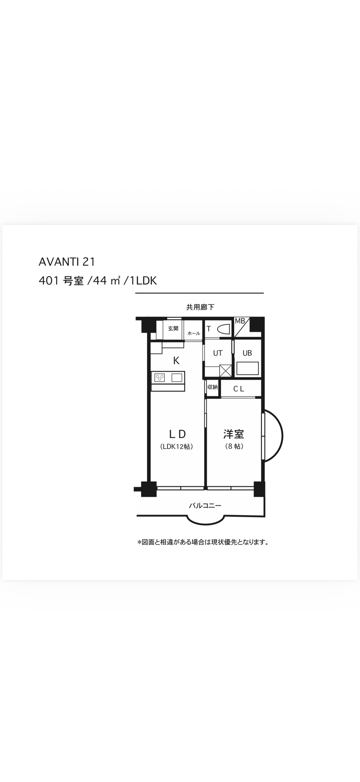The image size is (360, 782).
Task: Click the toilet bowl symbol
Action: click(x=223, y=329)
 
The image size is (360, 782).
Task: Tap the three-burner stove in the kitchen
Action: click(x=160, y=378)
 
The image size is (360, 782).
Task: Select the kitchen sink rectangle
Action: click(x=177, y=378)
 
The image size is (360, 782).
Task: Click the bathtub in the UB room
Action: click(x=248, y=368)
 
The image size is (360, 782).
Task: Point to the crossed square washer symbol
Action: click(x=226, y=371)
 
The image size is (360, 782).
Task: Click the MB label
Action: click(x=240, y=321)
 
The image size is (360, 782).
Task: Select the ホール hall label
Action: click(x=194, y=333)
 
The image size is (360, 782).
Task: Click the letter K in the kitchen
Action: click(x=176, y=360)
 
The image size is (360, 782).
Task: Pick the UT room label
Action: click(x=218, y=353)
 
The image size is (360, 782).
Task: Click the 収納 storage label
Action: click(x=212, y=387)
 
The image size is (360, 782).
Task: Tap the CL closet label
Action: click(x=239, y=389)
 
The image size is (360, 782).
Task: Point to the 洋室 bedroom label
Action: click(x=234, y=434)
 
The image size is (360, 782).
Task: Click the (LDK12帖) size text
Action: click(x=177, y=447)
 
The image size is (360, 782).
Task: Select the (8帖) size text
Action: click(x=234, y=446)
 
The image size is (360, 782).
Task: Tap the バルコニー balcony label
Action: click(x=205, y=506)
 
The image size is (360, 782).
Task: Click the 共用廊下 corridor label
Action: click(x=200, y=307)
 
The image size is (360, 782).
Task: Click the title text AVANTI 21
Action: click(x=67, y=262)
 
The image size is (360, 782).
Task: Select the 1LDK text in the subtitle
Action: click(x=143, y=281)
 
